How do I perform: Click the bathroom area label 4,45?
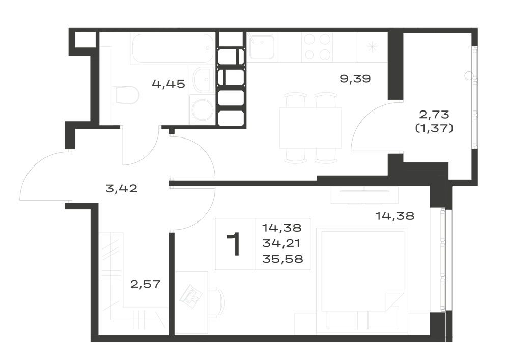[168, 84]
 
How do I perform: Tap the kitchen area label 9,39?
[355, 79]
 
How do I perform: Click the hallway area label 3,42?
[122, 188]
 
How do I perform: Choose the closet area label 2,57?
[146, 284]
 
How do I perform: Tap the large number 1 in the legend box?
[234, 244]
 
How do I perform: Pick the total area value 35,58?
[282, 259]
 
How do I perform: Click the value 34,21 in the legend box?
[281, 243]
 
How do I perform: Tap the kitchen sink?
[262, 47]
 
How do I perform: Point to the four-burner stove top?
[317, 47]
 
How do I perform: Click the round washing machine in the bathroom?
[202, 109]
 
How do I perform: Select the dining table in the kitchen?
[310, 128]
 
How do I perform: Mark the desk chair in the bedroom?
[216, 300]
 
